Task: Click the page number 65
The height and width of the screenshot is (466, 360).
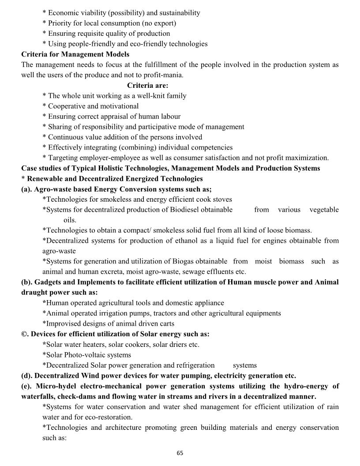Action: tap(180, 453)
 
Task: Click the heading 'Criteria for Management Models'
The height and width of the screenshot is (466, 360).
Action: tap(75, 54)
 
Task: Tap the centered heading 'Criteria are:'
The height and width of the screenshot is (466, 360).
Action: tap(148, 85)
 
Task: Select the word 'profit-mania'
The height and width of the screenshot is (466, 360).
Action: tap(162, 75)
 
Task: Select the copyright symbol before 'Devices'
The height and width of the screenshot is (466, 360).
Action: tap(25, 334)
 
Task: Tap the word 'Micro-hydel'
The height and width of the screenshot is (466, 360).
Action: tap(48, 386)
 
